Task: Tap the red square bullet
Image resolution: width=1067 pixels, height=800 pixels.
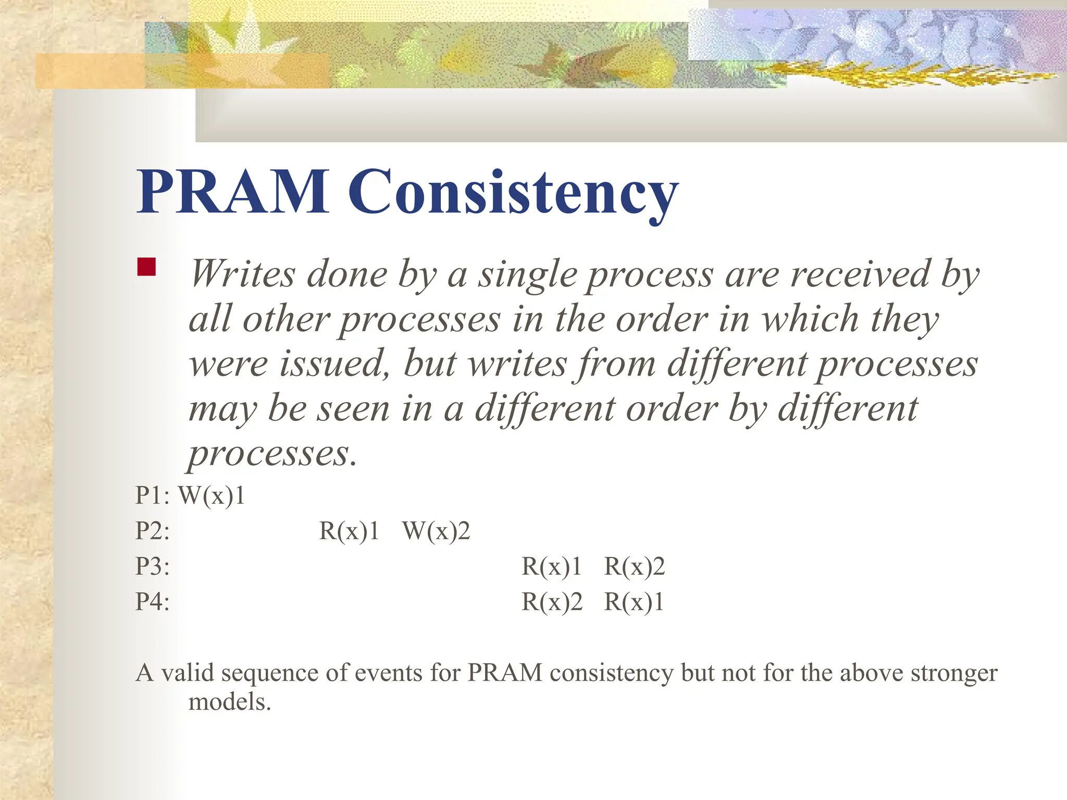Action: (x=146, y=267)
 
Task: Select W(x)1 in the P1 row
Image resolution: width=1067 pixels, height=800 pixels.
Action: (x=212, y=495)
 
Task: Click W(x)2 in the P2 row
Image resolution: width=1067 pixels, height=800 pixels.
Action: (x=436, y=531)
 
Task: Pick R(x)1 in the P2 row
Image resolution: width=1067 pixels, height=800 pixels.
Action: (x=349, y=531)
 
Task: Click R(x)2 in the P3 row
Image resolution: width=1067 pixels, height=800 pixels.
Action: (x=634, y=567)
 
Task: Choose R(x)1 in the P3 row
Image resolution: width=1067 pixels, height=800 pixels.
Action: (x=551, y=567)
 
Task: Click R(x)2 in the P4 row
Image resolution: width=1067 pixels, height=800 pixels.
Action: (x=551, y=602)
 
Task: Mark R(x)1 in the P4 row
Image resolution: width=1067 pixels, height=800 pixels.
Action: (x=634, y=602)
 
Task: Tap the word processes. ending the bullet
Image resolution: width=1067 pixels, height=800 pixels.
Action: (x=272, y=454)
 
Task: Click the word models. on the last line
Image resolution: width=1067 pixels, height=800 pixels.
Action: (x=230, y=702)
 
